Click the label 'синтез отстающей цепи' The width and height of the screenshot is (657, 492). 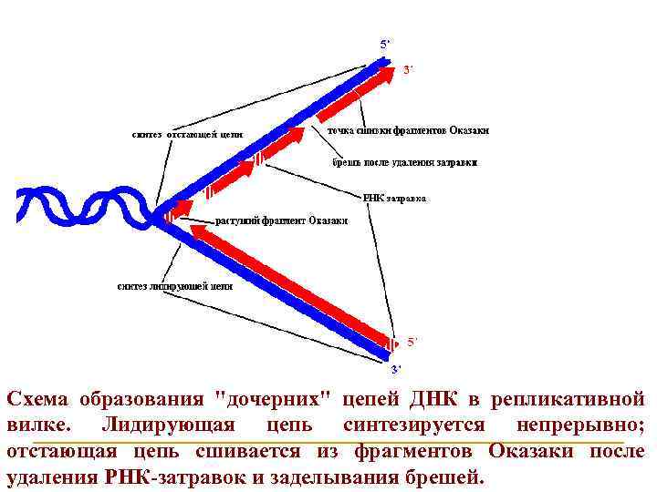coord(187,134)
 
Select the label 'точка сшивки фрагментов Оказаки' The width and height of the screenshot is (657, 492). coord(408,130)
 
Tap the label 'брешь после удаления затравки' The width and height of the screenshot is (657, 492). coord(403,162)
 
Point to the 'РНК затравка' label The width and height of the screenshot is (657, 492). coord(394,198)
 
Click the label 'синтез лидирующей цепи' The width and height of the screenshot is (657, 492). coord(174,285)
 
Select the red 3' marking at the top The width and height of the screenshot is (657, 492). coord(409,70)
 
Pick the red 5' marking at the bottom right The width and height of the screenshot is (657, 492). coord(412,342)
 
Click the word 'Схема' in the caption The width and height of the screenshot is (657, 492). coord(37,399)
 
